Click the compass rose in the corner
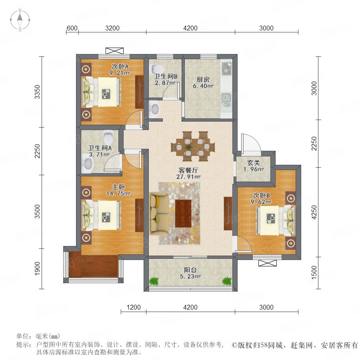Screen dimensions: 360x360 point(20,20)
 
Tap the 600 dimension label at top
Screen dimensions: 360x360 point(72,28)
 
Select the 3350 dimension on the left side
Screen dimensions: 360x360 point(37,92)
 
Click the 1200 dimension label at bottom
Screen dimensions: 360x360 point(134,307)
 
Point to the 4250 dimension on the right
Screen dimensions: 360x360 point(314,212)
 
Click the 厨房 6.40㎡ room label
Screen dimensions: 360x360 point(203,83)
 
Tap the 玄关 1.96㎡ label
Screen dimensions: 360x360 point(254,166)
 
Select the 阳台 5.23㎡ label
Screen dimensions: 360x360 point(190,273)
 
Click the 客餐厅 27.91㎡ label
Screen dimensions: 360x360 point(188,173)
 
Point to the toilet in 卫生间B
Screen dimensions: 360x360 point(156,68)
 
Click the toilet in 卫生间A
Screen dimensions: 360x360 point(108,137)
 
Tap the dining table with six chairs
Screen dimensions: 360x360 point(193,146)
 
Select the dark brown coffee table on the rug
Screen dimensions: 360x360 point(183,214)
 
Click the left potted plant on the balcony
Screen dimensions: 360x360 point(154,281)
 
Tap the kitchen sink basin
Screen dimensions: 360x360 point(226,98)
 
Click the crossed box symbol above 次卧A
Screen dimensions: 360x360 point(114,51)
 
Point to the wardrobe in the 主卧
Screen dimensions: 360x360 point(139,215)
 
